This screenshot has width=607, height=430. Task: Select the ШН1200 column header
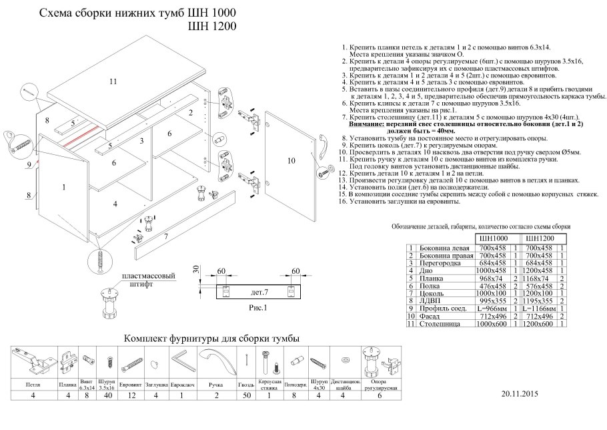coord(541,238)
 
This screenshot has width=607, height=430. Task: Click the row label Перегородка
coord(442,264)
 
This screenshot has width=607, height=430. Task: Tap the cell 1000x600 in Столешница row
coord(494,325)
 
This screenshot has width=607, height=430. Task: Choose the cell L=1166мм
coord(540,309)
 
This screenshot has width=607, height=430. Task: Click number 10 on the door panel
coord(291,160)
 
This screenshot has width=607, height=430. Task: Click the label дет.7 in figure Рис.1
coord(259,292)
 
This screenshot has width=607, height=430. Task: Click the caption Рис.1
coord(256,308)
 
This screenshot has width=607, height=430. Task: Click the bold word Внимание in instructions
coord(370,124)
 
